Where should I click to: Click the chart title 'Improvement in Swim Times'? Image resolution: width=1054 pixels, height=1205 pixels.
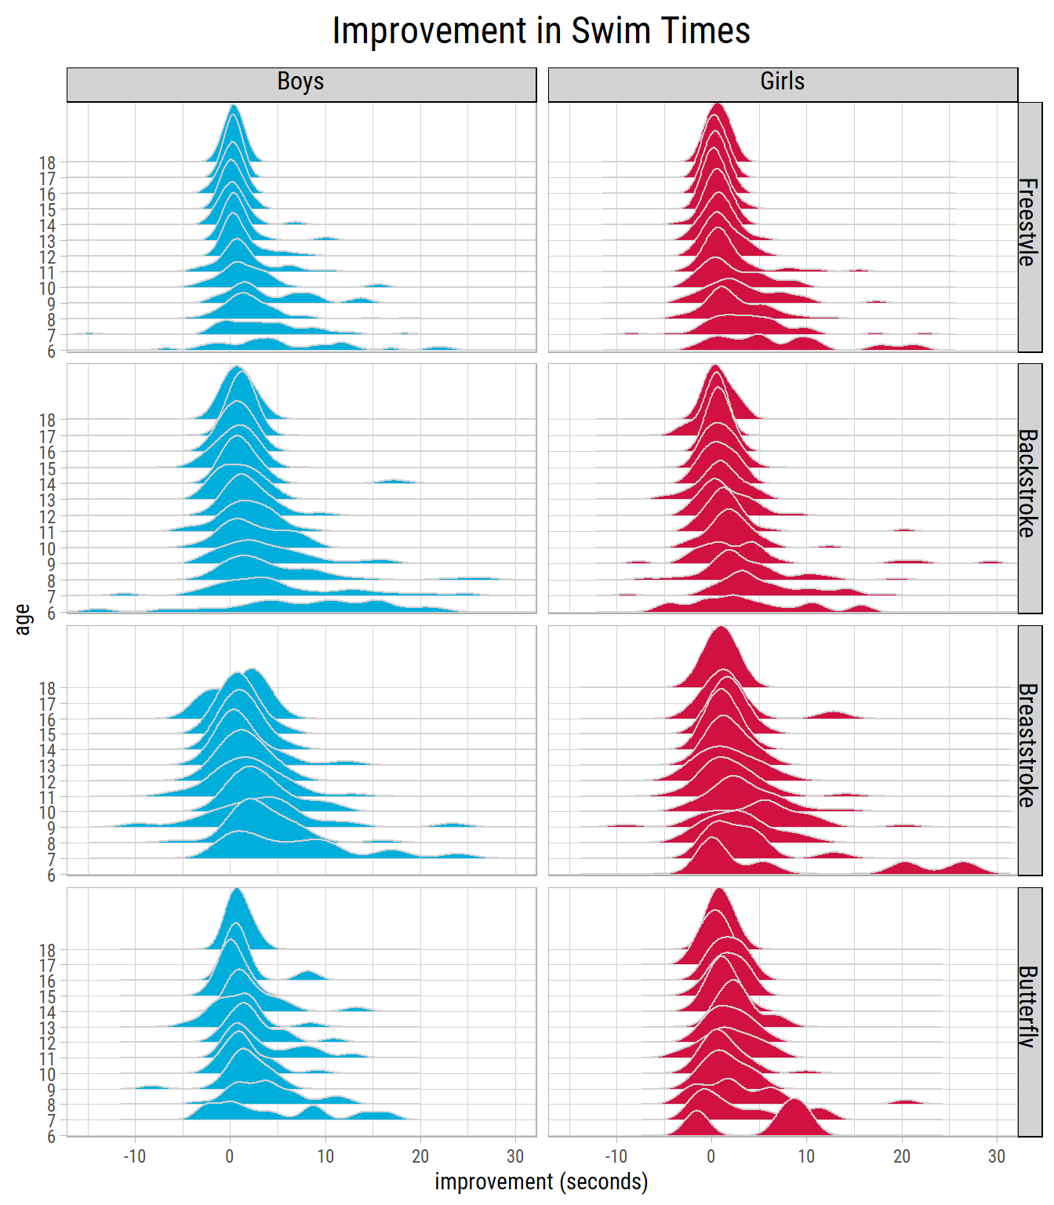(x=541, y=31)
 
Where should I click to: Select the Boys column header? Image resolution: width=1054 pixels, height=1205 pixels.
(x=301, y=82)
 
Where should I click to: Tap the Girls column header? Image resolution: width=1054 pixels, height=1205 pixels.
(x=782, y=82)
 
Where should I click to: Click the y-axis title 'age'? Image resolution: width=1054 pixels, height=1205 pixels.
(x=23, y=619)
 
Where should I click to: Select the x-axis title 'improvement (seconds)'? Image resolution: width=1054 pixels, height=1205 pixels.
(x=541, y=1181)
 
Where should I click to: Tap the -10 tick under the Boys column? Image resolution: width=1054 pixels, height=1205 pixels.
(x=134, y=1156)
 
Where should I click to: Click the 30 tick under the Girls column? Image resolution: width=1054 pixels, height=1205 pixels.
(x=996, y=1156)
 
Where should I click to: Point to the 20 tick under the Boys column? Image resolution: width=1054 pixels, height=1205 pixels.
(x=420, y=1156)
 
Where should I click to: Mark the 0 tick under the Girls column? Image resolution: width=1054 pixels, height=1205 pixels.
(x=711, y=1156)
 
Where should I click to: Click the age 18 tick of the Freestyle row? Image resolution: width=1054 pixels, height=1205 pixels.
(x=47, y=162)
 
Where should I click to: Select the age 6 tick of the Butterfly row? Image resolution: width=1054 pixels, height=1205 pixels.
(x=52, y=1136)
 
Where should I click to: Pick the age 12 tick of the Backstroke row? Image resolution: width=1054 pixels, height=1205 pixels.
(x=47, y=516)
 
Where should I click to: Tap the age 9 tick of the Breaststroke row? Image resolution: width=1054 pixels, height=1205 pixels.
(x=52, y=828)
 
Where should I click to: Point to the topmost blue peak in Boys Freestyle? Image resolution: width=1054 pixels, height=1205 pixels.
(x=233, y=105)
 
